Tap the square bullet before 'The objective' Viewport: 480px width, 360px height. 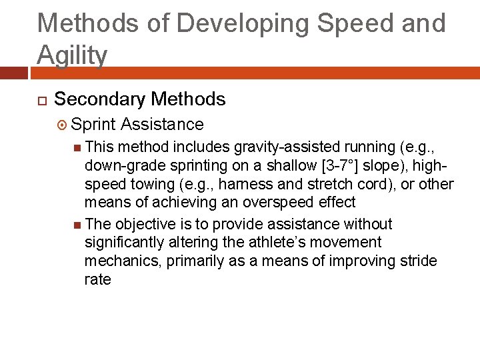point(79,225)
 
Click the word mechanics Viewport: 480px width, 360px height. point(122,261)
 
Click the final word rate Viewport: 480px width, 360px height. point(97,279)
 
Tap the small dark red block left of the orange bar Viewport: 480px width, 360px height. point(13,73)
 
